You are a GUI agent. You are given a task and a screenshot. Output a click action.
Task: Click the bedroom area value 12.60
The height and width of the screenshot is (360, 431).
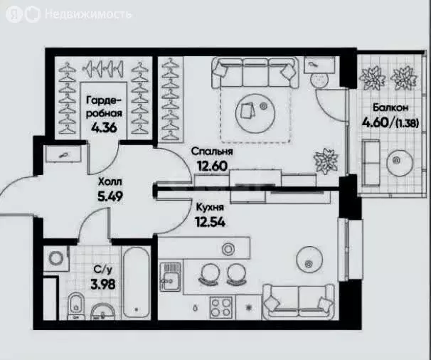point(212,166)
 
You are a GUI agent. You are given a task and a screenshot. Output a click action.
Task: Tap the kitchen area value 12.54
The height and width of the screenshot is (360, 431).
point(211,222)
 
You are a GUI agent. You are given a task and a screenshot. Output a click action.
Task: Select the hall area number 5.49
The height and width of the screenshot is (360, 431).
point(110,196)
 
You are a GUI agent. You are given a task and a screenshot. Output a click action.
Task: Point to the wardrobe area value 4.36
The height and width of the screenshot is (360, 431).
point(105,128)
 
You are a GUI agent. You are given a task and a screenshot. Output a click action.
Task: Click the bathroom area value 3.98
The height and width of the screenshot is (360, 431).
point(103,285)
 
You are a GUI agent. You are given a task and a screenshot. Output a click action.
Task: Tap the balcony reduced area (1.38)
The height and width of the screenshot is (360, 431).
point(407,123)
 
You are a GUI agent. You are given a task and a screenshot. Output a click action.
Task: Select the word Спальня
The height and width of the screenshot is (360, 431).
point(212,152)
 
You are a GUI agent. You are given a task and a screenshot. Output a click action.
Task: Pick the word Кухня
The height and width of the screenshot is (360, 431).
point(210,207)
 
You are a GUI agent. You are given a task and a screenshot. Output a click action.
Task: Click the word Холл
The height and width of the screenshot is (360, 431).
point(110,182)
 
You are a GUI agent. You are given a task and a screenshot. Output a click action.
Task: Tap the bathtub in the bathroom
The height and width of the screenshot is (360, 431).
point(137,282)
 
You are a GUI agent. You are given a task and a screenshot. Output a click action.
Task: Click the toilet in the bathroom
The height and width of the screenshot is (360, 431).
point(75,306)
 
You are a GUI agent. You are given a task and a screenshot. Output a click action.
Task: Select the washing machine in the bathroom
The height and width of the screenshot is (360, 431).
point(56,258)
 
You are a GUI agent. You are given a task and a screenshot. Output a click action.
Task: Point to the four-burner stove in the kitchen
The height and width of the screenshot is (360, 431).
point(221,307)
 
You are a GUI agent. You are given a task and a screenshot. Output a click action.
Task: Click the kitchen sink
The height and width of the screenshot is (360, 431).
point(171,277)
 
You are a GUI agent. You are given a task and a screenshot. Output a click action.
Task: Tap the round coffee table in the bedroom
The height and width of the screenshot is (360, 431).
point(255,113)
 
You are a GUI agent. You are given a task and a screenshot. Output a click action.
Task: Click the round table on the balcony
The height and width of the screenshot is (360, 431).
point(400,163)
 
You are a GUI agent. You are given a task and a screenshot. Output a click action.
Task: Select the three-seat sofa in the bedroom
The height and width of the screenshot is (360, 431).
point(255,73)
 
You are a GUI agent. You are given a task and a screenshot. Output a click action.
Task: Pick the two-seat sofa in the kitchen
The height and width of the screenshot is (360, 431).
point(298,302)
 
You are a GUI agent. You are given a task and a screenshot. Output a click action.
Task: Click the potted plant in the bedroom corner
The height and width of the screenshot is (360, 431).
point(326,161)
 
